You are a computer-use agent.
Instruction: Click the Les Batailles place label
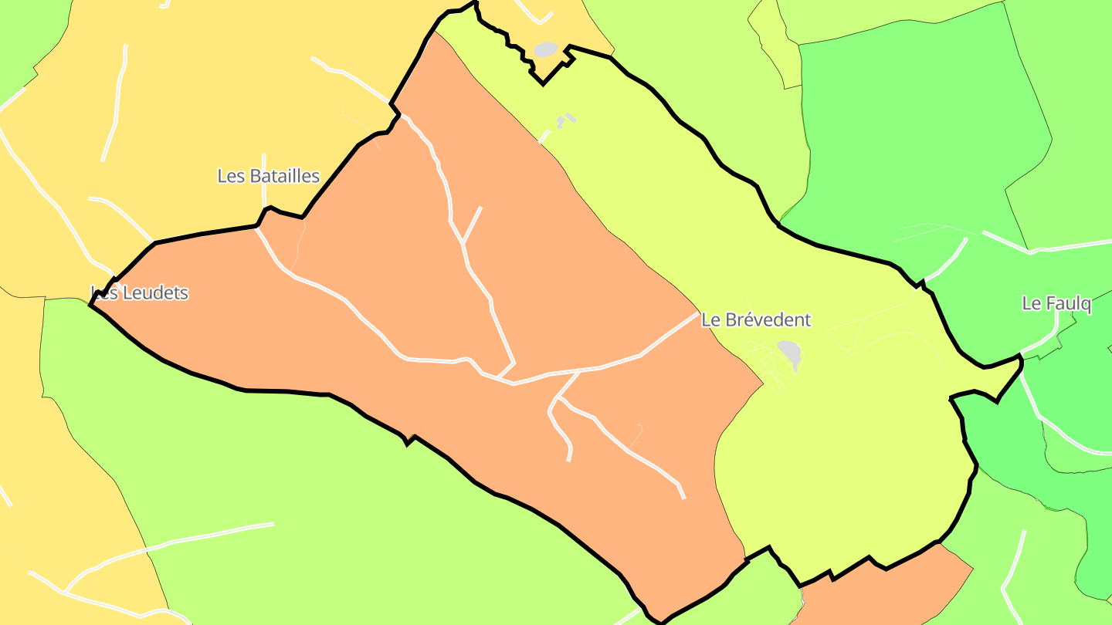click(268, 176)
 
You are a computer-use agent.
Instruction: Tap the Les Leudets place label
click(140, 293)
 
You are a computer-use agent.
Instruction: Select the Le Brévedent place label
click(756, 319)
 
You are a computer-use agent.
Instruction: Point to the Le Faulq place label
click(1056, 303)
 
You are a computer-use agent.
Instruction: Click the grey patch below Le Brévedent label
click(790, 353)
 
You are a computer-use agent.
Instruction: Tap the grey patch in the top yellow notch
click(546, 49)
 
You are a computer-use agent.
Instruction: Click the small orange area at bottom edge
click(880, 590)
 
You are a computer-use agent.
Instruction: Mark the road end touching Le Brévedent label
click(696, 314)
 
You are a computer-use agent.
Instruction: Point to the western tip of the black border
click(91, 306)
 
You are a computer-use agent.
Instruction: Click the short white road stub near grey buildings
click(544, 137)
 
